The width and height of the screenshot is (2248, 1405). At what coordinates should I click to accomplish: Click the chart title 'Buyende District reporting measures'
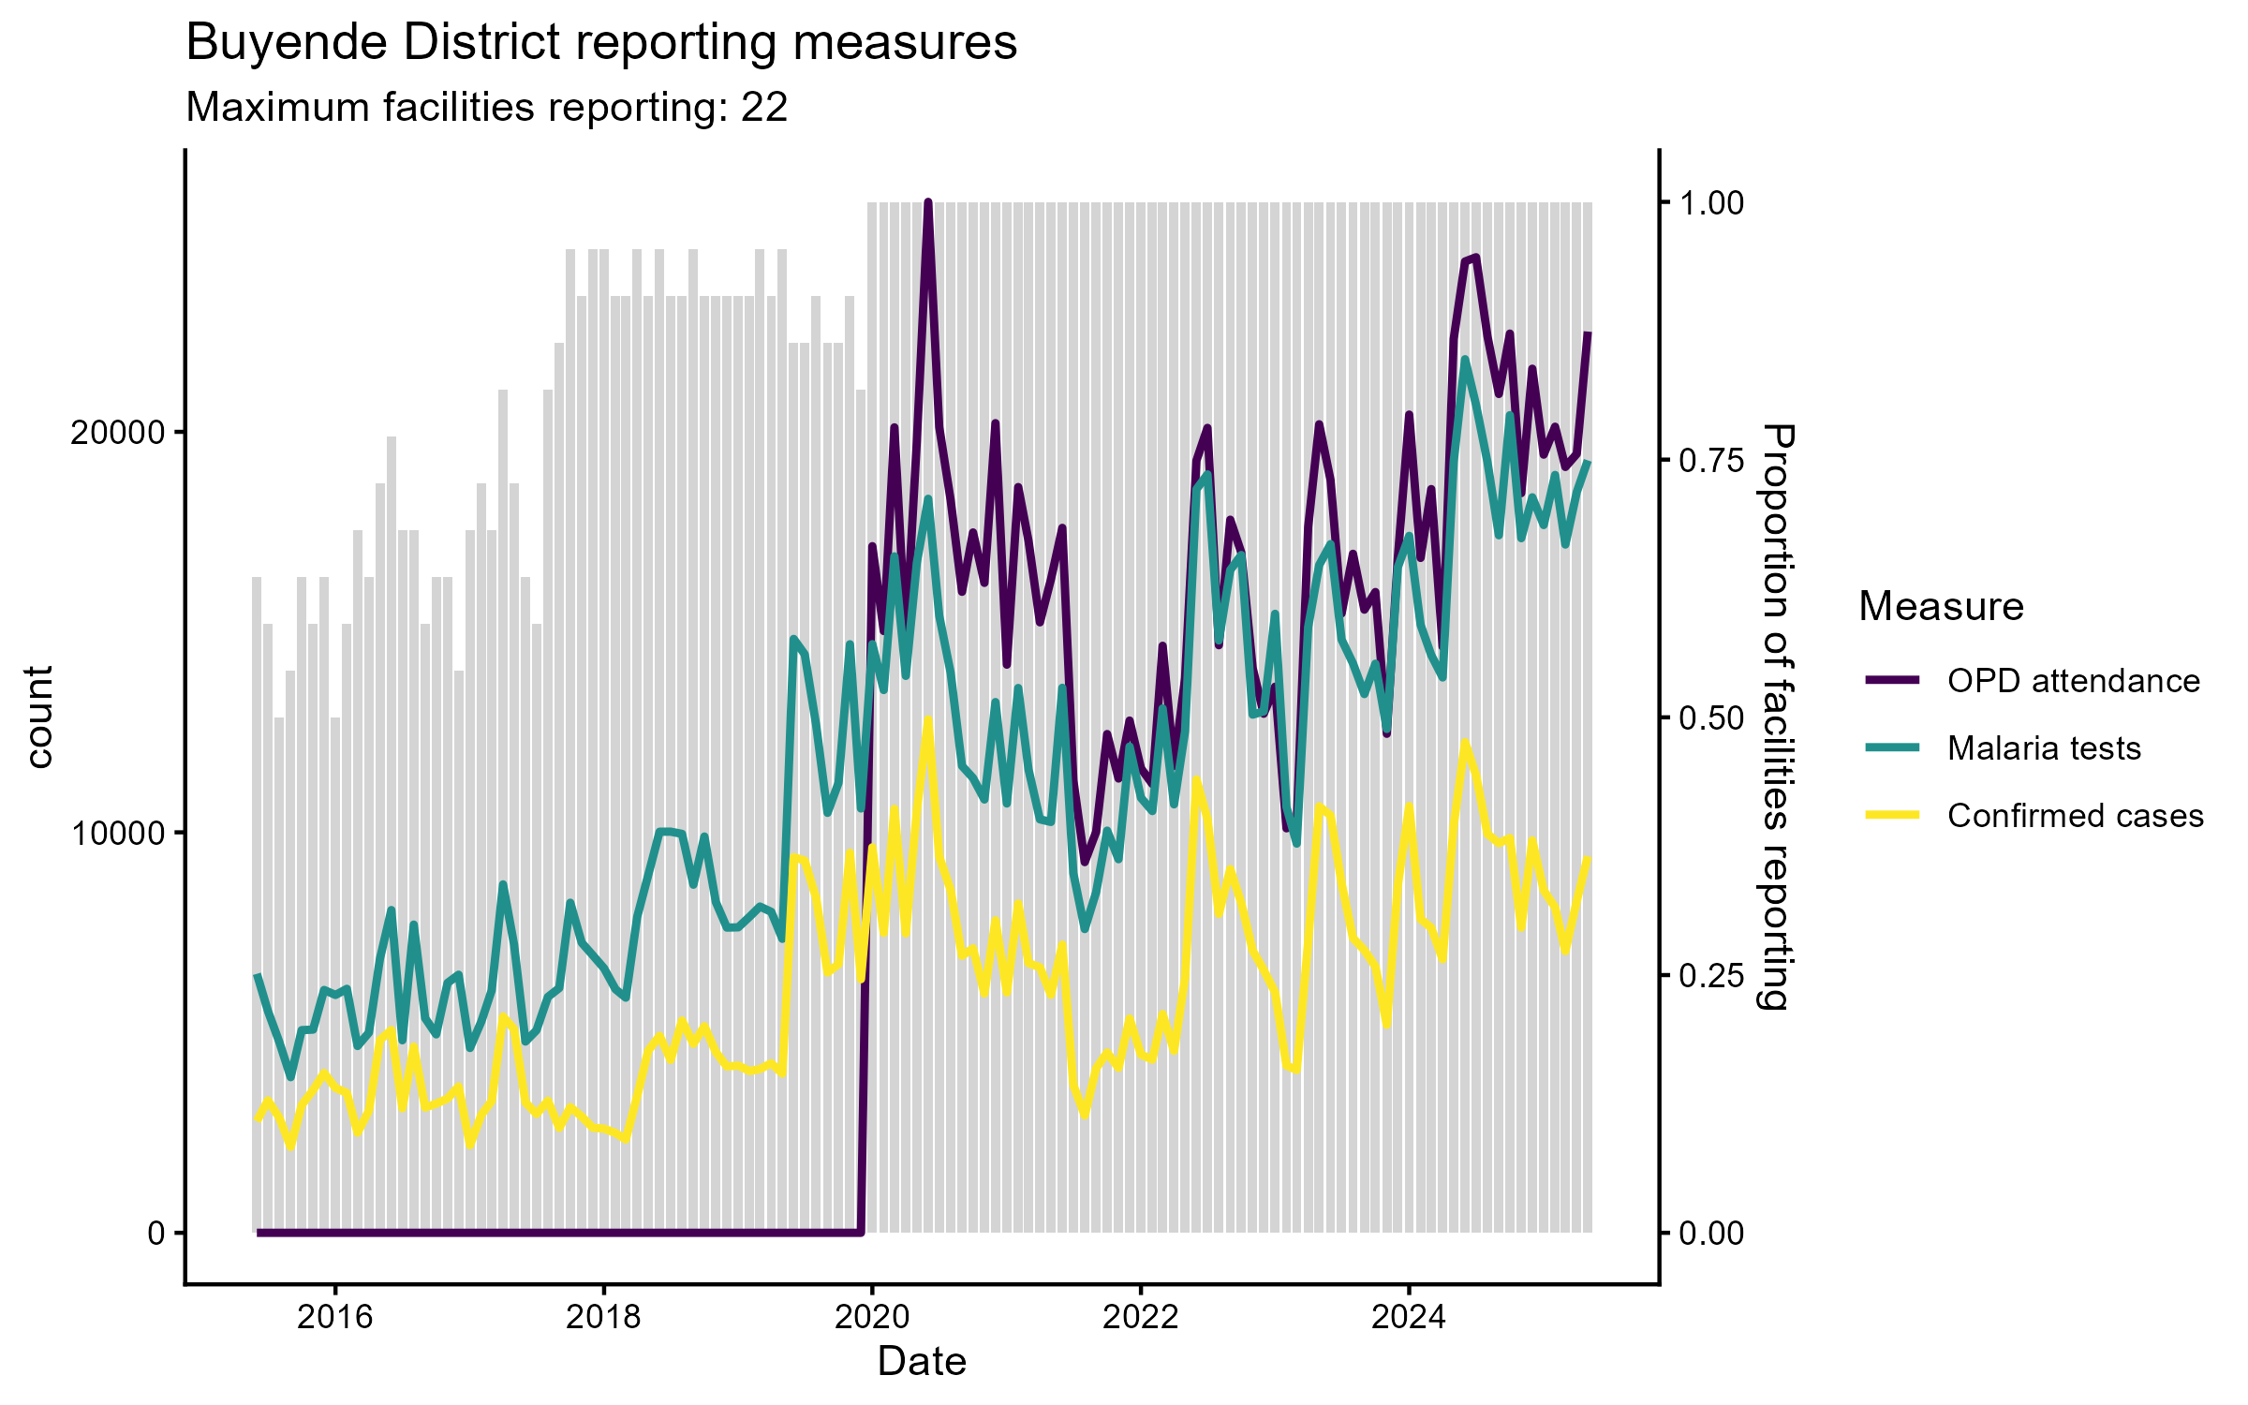601,43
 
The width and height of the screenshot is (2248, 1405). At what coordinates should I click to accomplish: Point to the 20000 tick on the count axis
117,434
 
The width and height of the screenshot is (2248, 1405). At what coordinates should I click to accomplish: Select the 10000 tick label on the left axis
117,834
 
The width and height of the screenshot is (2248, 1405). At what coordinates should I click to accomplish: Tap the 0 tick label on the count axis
156,1234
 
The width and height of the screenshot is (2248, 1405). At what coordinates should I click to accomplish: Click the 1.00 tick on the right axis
1711,203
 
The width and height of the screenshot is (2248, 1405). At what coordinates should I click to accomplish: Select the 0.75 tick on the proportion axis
1711,461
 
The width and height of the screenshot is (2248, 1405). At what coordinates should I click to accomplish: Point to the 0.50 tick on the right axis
1711,718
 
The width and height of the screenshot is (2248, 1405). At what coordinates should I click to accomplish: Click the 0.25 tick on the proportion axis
1711,976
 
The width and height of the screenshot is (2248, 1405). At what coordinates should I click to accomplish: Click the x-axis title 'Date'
922,1361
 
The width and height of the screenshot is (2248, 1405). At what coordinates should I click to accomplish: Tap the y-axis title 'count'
39,717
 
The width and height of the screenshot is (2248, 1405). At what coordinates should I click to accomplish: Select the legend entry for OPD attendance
2073,681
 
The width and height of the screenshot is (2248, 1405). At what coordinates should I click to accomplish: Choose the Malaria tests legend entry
2044,748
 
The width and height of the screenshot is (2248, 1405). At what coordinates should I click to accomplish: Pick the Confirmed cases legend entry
2075,816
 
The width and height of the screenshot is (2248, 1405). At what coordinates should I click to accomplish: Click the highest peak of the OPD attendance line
927,202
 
